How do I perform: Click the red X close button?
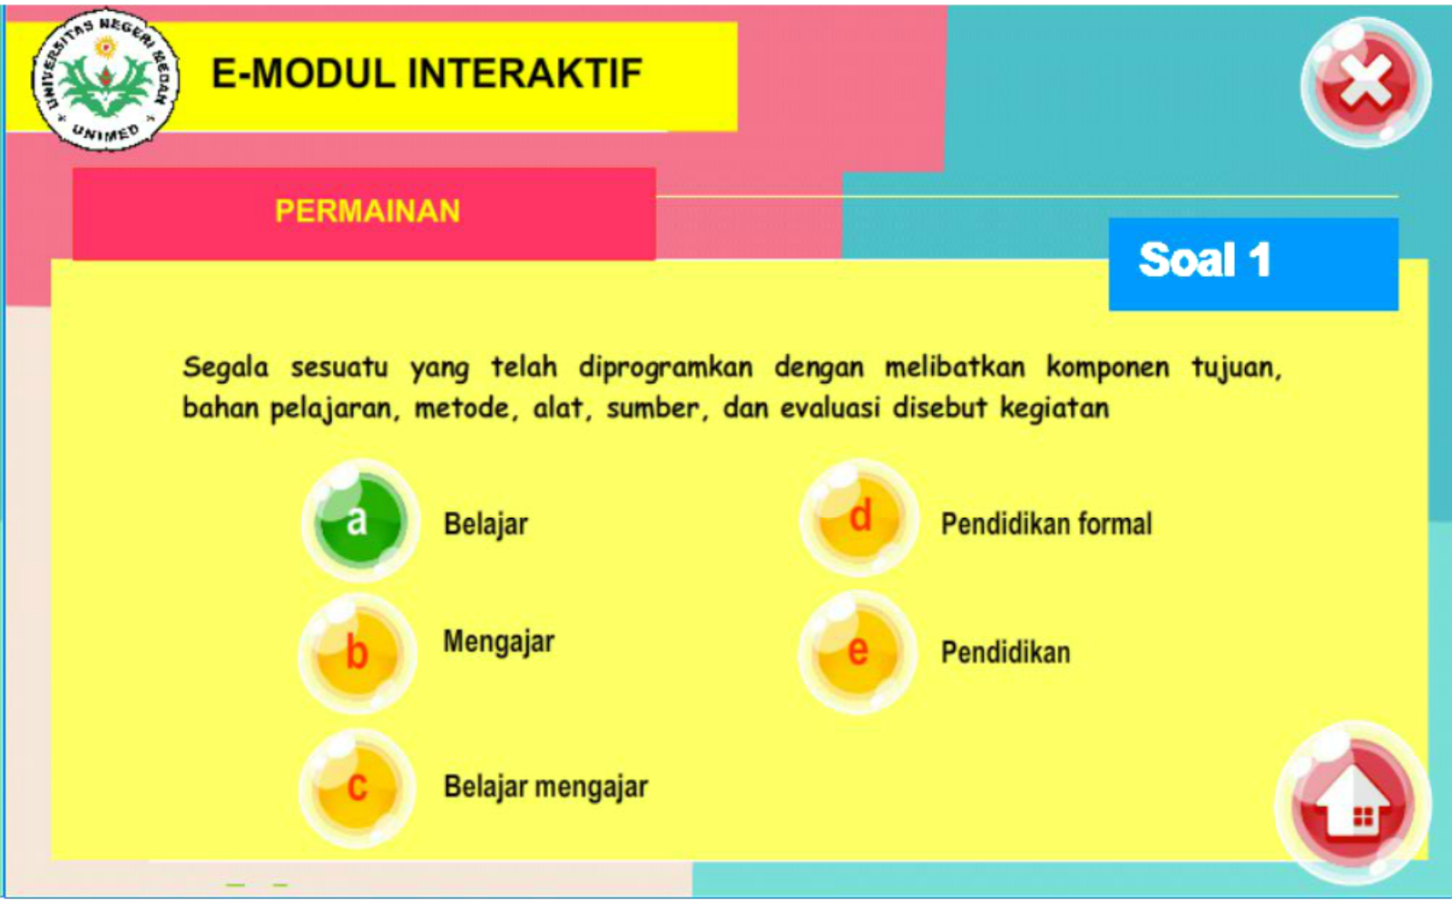click(1366, 83)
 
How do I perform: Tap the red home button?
click(1353, 801)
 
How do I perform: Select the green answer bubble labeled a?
click(359, 521)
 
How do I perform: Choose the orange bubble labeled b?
click(358, 652)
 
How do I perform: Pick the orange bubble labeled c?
click(357, 786)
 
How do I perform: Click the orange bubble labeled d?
click(858, 517)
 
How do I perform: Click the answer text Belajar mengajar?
click(545, 786)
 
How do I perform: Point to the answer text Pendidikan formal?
click(1045, 524)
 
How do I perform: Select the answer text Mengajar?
click(498, 641)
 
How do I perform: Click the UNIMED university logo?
click(106, 80)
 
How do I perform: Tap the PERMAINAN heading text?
click(368, 211)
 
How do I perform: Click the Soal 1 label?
click(1205, 260)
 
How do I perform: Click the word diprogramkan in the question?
click(665, 367)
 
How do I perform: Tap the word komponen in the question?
click(1107, 367)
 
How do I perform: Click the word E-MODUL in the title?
click(303, 74)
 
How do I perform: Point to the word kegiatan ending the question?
click(1055, 408)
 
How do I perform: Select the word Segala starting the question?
click(225, 367)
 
